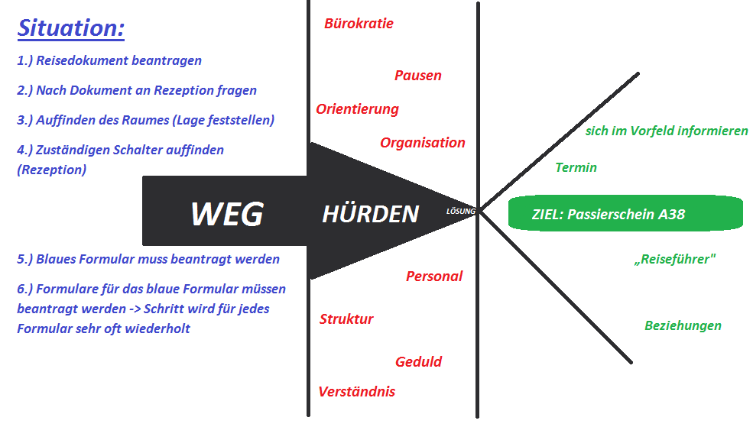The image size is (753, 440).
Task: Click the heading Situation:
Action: pos(71,29)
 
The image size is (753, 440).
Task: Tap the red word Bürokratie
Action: pos(359,24)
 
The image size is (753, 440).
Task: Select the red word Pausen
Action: pos(418,76)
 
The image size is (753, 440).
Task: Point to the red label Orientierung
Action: pos(357,109)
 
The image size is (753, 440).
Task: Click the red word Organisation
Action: pos(423,143)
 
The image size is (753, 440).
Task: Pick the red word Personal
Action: pos(434,277)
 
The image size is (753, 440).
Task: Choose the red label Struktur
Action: pos(346,319)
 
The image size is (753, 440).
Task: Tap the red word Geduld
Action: pos(418,362)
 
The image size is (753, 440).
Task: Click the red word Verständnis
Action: pos(356,392)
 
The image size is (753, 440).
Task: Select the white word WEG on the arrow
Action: pos(226,215)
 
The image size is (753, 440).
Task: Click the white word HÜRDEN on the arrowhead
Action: pos(370,215)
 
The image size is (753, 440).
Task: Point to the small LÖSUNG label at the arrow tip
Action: pos(461,211)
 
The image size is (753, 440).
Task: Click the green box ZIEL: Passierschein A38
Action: pos(625,214)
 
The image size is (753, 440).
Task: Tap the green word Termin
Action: pos(576,168)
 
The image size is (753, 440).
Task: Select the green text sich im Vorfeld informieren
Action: pos(667,131)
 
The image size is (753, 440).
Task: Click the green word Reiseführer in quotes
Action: pos(675,260)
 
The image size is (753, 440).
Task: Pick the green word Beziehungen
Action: pos(683,326)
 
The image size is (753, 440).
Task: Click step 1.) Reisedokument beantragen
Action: pos(109,60)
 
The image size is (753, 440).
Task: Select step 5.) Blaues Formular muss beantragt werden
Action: pos(148,259)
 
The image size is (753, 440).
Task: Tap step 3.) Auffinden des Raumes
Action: pos(145,120)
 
